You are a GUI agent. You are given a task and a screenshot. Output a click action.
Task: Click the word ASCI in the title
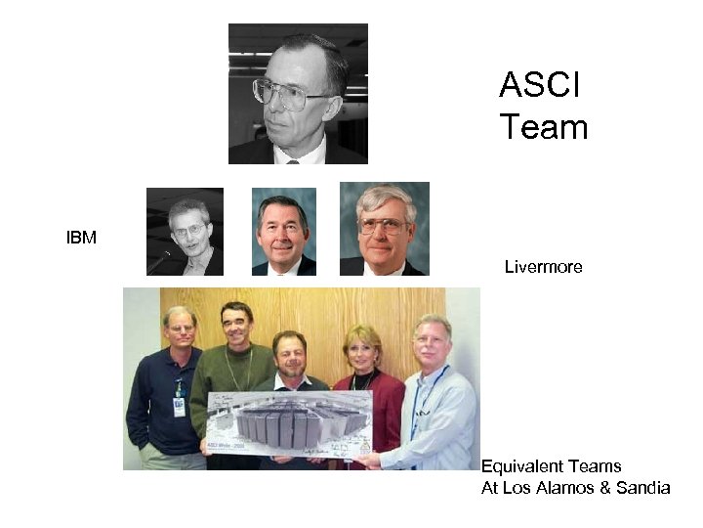point(539,85)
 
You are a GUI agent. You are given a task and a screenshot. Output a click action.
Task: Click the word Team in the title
point(543,127)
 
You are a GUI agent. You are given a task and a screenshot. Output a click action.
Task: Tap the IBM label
point(81,238)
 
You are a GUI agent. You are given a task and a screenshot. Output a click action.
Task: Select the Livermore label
point(543,266)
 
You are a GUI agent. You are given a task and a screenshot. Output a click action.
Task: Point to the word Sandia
point(642,488)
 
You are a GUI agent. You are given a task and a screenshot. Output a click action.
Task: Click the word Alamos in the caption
point(568,488)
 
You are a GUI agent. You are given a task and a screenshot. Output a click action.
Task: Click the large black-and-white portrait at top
point(298,94)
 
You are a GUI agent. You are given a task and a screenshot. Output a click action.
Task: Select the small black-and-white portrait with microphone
point(185,232)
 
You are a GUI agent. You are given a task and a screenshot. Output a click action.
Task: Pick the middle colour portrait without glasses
point(283,232)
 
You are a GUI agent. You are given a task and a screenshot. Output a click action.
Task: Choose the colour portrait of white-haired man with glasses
point(384,229)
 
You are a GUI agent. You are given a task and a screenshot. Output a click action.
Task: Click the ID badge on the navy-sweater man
point(179,404)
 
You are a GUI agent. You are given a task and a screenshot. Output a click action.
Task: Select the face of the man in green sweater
point(235,326)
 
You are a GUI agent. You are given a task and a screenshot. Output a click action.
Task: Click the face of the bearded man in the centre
point(289,353)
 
